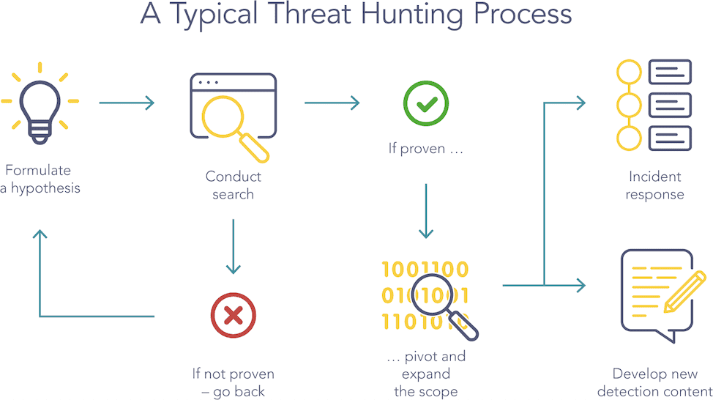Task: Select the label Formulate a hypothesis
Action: [40, 179]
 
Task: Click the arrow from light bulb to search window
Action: [127, 103]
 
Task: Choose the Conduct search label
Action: [233, 185]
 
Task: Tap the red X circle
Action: [233, 316]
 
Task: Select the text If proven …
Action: [426, 149]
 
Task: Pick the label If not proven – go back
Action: [233, 383]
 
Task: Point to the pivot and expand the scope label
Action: [425, 374]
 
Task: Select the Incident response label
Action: [655, 185]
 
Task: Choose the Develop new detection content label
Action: [654, 382]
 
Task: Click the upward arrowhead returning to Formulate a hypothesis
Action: [40, 236]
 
